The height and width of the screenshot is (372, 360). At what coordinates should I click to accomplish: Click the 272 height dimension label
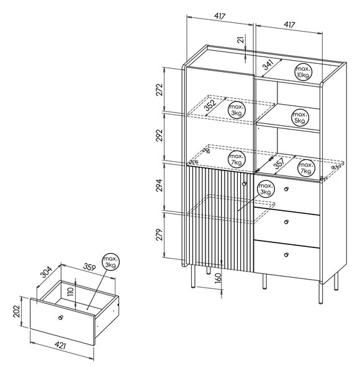coord(160,89)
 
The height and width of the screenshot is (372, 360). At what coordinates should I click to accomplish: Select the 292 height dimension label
coord(160,135)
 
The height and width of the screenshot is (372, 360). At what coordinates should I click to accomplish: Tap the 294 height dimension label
coord(160,185)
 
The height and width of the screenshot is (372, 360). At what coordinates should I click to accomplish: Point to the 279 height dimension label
coord(160,234)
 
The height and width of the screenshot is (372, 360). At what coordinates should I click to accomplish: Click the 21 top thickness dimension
coord(241,40)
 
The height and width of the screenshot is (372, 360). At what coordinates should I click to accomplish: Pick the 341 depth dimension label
coord(268,64)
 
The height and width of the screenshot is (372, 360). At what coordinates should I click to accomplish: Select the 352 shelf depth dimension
coord(210,105)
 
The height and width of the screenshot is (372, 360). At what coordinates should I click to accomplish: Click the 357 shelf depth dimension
coord(279,163)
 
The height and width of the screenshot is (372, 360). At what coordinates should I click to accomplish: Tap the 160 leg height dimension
coord(218,278)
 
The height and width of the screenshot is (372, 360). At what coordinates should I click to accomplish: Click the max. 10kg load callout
coord(303,72)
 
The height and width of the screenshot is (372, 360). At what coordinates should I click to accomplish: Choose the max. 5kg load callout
coord(300,118)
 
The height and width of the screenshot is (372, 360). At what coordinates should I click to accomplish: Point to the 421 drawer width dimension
coord(60,345)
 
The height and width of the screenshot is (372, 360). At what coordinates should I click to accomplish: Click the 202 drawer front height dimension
coord(17,311)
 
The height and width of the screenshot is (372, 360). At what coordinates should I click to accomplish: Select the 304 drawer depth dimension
coord(46,272)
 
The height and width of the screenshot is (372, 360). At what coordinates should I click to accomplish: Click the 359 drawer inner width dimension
coord(89,267)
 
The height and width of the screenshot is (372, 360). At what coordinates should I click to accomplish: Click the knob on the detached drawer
coord(61,317)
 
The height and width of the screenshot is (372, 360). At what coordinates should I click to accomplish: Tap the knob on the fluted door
coord(245,184)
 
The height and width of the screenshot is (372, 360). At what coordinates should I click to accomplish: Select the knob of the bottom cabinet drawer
coord(286,255)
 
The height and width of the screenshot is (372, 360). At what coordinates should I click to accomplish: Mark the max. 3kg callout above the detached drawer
coord(111,262)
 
